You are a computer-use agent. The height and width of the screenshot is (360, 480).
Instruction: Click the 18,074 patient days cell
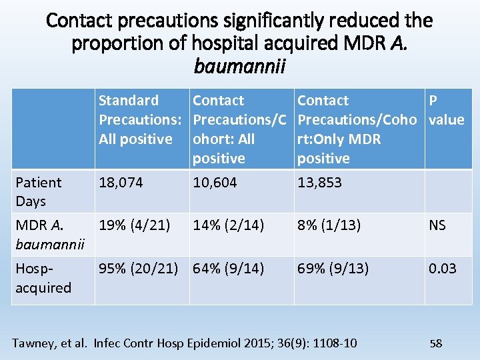pos(121,183)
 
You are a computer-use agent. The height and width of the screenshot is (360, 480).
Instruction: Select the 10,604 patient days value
pos(215,183)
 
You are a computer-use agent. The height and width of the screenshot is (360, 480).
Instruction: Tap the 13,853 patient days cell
pos(319,183)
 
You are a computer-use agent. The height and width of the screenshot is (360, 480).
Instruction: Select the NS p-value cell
pos(437,225)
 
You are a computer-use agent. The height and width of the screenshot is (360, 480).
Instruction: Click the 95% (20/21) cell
pos(139,269)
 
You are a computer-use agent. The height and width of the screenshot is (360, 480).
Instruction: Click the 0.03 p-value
pos(442,269)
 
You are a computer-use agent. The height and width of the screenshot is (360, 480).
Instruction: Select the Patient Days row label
pos(39,191)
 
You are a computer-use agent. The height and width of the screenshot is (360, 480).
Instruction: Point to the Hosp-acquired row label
pos(43,278)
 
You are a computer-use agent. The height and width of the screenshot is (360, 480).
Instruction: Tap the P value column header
pos(446,110)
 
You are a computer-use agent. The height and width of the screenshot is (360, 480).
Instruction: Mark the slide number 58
pos(436,343)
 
